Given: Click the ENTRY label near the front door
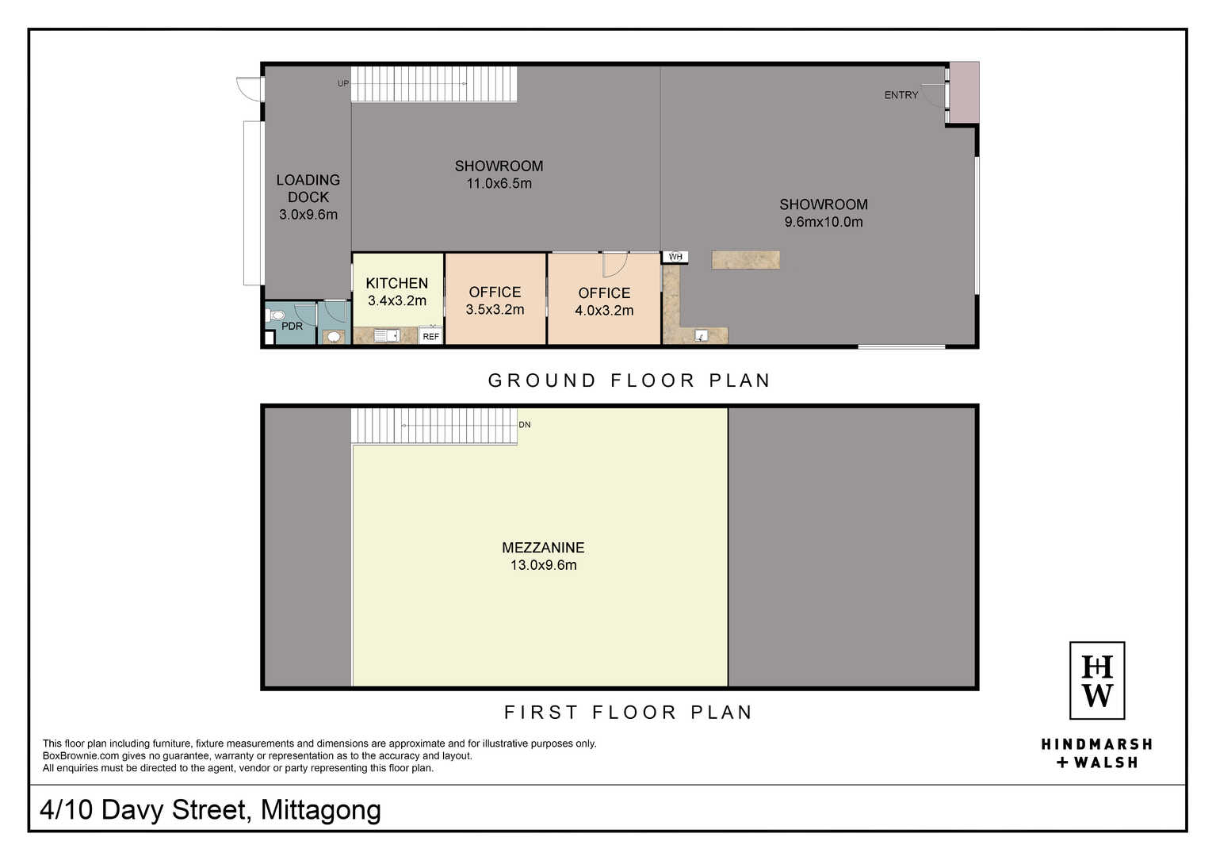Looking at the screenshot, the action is [x=901, y=95].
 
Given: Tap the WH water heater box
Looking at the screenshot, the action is [x=675, y=257].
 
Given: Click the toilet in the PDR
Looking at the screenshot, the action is [x=277, y=315].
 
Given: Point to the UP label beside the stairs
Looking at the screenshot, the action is [x=343, y=83].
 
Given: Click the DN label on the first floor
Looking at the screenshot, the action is [x=525, y=425].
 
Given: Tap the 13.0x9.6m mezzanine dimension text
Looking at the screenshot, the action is [x=544, y=565].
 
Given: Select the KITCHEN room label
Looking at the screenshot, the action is [x=397, y=283].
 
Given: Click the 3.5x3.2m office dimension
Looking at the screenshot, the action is [x=495, y=309].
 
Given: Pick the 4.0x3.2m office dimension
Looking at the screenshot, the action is [x=604, y=310].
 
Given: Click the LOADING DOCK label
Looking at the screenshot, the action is [x=308, y=189].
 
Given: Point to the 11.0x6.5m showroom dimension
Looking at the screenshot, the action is [x=499, y=184].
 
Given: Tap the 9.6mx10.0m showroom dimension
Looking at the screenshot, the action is [x=824, y=221].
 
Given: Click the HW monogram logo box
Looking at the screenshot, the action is [x=1097, y=680].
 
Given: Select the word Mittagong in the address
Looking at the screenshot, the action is [x=321, y=809].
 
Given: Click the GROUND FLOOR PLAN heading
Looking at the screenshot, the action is [x=629, y=380].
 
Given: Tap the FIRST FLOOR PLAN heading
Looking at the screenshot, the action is [x=629, y=712].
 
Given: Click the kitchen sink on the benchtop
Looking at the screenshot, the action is [x=387, y=336].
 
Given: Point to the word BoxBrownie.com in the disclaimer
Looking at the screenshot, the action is [x=81, y=755].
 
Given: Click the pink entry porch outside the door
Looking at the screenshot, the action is [x=964, y=92].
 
